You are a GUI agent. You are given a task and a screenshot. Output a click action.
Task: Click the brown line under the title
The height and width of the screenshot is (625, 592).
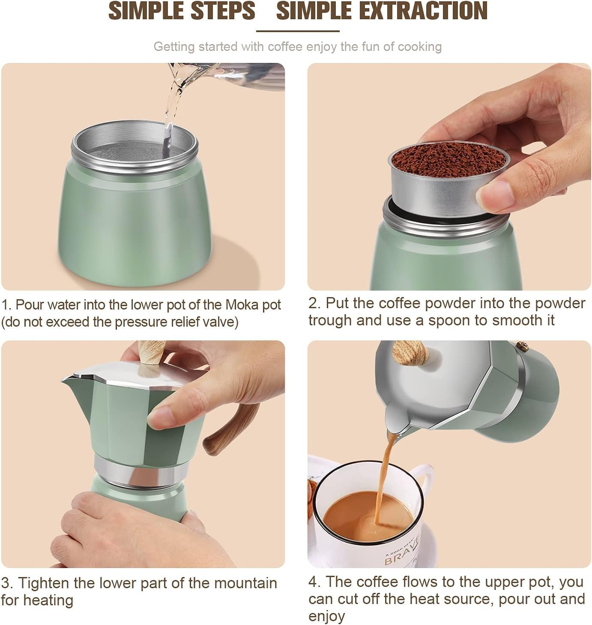(x=298, y=31)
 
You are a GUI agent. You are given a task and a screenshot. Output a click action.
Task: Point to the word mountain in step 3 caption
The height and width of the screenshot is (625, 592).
(x=245, y=583)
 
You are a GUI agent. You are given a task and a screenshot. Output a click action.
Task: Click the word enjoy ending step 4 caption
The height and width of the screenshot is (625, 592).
(x=326, y=616)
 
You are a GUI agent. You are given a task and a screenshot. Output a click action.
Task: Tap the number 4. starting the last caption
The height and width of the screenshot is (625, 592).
(x=314, y=582)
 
